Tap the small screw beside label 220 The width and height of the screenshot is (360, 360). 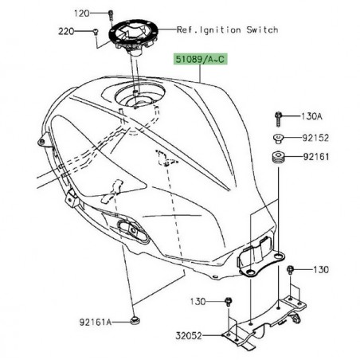[x=95, y=32]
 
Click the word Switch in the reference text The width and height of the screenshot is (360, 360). [x=262, y=30]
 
